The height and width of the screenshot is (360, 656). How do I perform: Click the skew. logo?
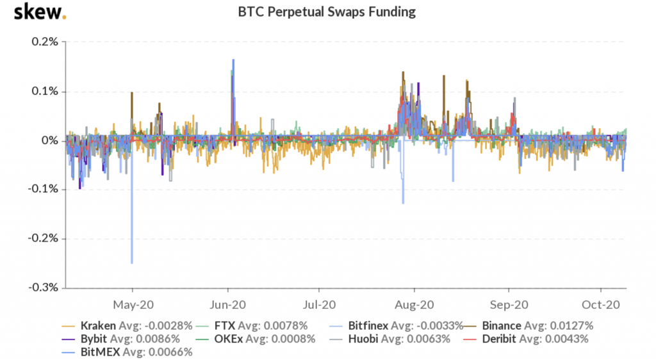click(40, 12)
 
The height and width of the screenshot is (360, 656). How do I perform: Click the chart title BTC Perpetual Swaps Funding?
click(327, 12)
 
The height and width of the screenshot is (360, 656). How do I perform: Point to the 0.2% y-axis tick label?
click(45, 42)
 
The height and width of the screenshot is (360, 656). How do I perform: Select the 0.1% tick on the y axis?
click(45, 92)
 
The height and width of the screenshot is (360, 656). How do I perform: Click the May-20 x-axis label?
click(132, 305)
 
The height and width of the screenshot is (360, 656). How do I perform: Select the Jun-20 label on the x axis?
click(228, 305)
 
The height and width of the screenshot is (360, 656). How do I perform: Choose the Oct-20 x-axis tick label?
click(600, 305)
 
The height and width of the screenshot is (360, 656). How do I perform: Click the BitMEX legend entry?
click(99, 351)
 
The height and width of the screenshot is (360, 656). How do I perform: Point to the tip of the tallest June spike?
click(233, 60)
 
